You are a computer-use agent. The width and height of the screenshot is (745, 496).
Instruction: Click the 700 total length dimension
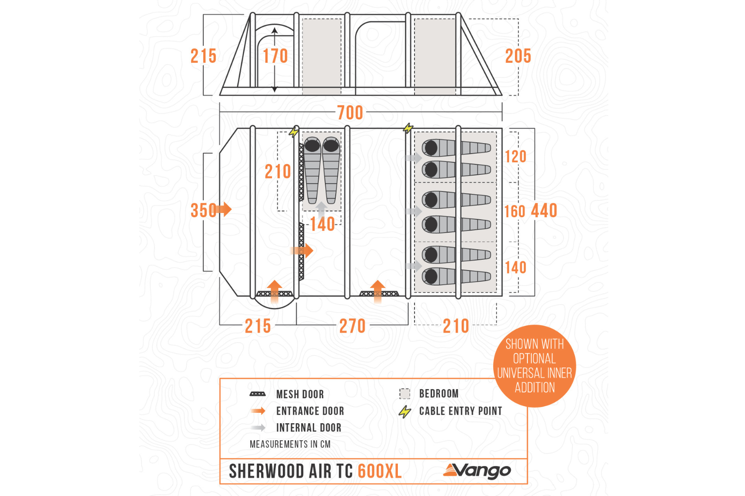pos(350,113)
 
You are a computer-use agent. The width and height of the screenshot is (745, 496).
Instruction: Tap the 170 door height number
pos(275,56)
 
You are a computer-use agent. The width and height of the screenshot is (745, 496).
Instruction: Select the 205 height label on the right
pos(518,56)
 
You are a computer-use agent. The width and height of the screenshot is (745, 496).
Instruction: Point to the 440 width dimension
pos(544,211)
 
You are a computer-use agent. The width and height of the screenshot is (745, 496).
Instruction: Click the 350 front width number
pos(203,210)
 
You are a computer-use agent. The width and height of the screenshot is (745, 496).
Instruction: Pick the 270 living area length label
pos(352,326)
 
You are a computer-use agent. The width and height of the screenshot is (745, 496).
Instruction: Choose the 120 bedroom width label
pos(515,156)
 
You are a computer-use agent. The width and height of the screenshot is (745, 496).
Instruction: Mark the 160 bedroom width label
pos(515,211)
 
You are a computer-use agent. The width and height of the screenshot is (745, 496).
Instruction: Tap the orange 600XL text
pos(379,471)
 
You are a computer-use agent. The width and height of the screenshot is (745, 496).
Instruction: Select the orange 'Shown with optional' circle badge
pos(535,366)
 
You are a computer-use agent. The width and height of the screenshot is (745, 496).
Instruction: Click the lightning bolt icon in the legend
pos(405,411)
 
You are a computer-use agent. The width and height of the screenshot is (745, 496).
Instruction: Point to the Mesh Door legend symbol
pos(257,394)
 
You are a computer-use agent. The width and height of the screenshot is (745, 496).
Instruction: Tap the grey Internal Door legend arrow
pos(258,428)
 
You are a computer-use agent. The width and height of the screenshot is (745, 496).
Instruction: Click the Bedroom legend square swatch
pos(404,393)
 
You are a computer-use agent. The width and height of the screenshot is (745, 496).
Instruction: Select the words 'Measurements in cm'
pos(290,444)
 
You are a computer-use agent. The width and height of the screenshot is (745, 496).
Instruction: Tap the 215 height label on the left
pos(203,56)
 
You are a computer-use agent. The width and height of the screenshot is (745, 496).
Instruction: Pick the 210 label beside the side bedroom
pos(278,171)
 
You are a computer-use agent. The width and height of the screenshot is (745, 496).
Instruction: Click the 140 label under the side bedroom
pos(322,224)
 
